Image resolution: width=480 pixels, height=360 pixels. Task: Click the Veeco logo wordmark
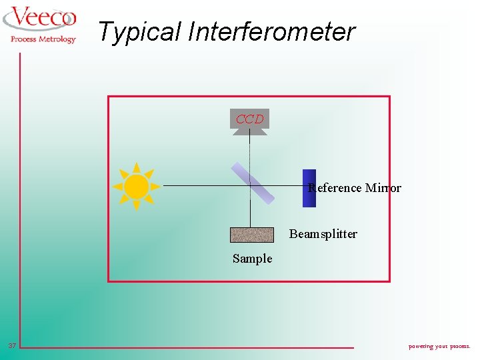tap(41, 18)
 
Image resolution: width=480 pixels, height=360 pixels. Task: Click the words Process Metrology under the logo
tap(43, 39)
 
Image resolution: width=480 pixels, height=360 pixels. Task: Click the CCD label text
tap(250, 119)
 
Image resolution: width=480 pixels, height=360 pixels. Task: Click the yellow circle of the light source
tap(136, 186)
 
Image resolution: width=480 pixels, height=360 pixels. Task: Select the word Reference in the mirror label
tap(335, 188)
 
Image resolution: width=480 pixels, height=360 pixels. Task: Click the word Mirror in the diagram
tap(383, 188)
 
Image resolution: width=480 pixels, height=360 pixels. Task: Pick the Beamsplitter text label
tap(323, 234)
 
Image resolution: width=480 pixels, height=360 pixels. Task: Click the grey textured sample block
tap(252, 235)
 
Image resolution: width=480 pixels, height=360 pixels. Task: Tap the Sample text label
tap(252, 259)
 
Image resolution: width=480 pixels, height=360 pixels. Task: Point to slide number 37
tap(12, 345)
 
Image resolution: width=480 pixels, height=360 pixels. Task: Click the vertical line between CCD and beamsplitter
tap(250, 150)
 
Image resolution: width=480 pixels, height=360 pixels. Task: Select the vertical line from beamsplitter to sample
tap(250, 215)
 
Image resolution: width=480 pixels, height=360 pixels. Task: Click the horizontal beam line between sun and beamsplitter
tap(200, 185)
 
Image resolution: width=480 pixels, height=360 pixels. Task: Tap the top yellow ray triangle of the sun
tap(136, 167)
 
